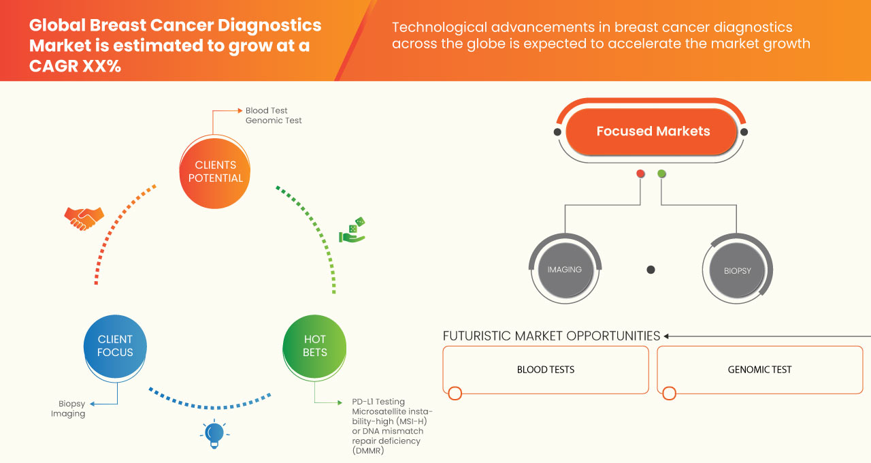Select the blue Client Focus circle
pyautogui.click(x=115, y=346)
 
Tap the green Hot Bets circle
pyautogui.click(x=314, y=346)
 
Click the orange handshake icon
pyautogui.click(x=84, y=218)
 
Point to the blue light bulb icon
pyautogui.click(x=214, y=434)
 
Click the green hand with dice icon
pyautogui.click(x=352, y=231)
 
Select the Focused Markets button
pyautogui.click(x=653, y=131)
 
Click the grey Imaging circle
pyautogui.click(x=565, y=270)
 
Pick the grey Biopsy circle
pyautogui.click(x=737, y=270)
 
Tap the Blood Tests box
pyautogui.click(x=546, y=370)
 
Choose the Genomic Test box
pyautogui.click(x=759, y=370)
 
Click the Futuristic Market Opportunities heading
pyautogui.click(x=551, y=336)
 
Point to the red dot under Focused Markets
pyautogui.click(x=640, y=174)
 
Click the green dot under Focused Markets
pyautogui.click(x=661, y=174)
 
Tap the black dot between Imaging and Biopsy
pyautogui.click(x=651, y=270)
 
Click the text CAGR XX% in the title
pyautogui.click(x=75, y=66)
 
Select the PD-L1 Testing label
pyautogui.click(x=378, y=402)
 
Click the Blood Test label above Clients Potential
pyautogui.click(x=266, y=110)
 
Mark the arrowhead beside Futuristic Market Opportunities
pyautogui.click(x=667, y=336)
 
